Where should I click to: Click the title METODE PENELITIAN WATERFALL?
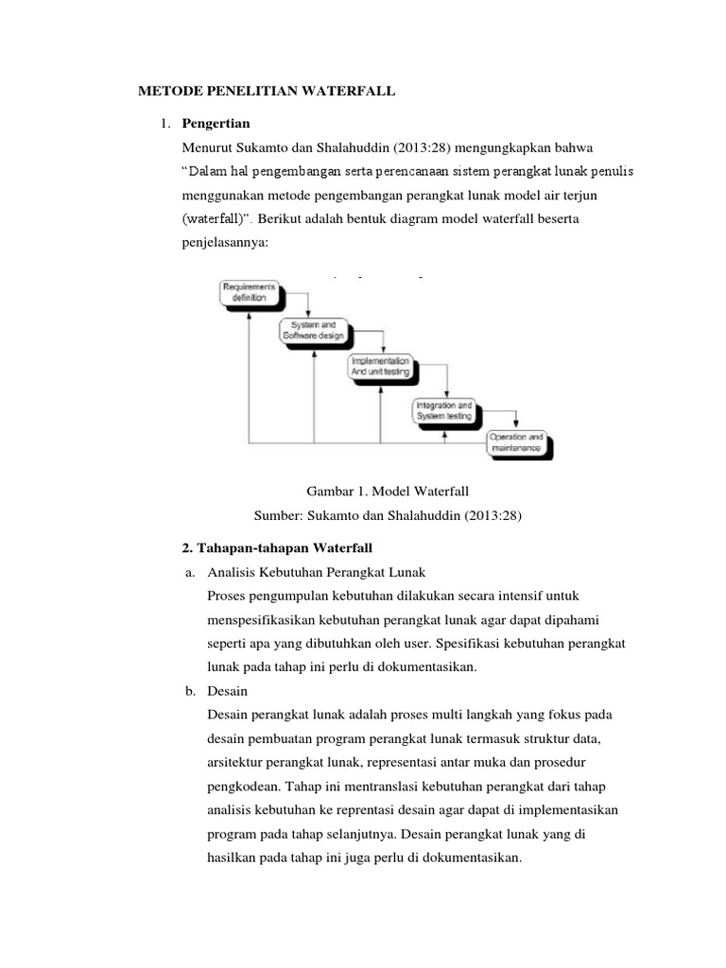267,91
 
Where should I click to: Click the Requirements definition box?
250,292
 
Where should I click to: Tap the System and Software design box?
313,330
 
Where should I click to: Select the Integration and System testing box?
444,409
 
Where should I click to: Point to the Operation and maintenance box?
515,442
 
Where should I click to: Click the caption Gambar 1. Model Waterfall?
389,492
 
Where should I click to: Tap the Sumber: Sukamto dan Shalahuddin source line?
389,516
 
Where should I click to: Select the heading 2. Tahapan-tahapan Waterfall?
277,548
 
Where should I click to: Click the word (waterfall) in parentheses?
218,219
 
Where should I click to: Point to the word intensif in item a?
518,596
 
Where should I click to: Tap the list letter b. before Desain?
189,691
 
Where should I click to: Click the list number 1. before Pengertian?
164,123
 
